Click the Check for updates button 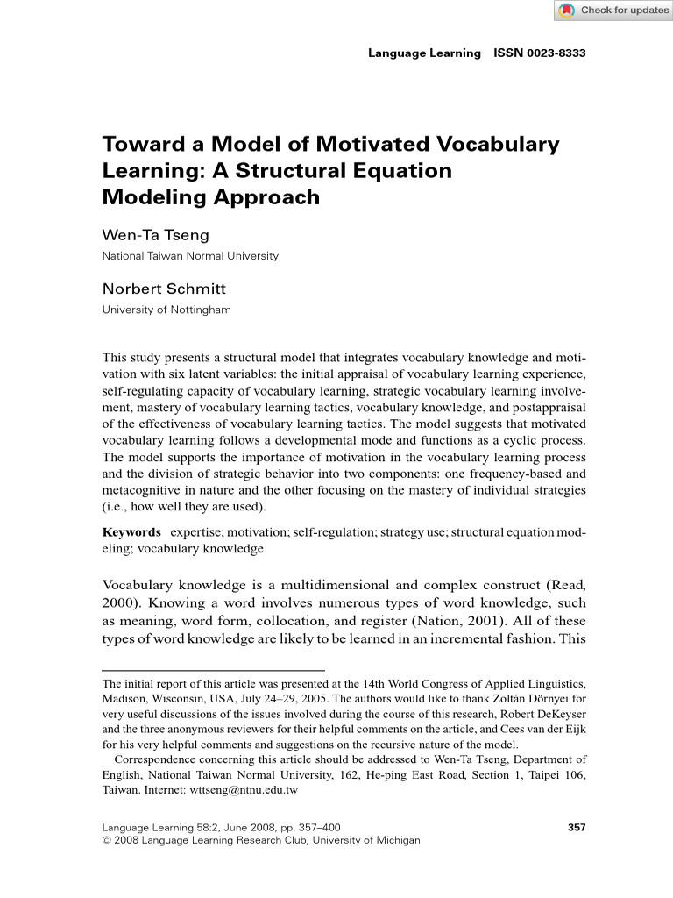point(613,11)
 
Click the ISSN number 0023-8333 point(540,53)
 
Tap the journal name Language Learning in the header point(424,53)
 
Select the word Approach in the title point(267,196)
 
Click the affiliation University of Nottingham point(166,309)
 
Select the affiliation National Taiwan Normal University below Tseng point(190,256)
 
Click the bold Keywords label point(131,532)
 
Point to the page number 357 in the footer point(577,826)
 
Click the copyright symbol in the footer point(107,840)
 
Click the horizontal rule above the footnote point(213,670)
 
